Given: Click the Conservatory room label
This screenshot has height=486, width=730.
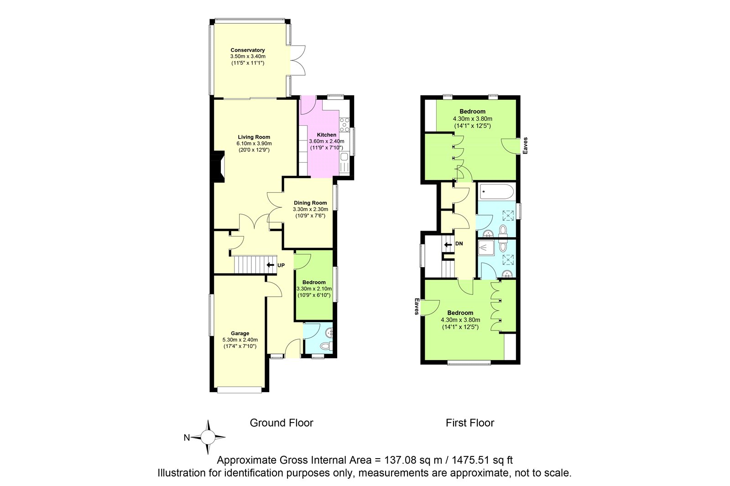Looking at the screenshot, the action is click(248, 50).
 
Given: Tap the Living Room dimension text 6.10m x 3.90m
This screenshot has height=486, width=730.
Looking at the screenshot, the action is click(254, 144).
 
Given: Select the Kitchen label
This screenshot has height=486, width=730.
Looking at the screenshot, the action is click(327, 135).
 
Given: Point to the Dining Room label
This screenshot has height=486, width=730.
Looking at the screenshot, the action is click(310, 203).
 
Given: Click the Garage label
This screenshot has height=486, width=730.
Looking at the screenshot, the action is click(240, 333).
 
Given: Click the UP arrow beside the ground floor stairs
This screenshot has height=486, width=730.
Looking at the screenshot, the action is click(270, 265).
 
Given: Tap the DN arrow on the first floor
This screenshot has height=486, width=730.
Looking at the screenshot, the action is click(448, 244).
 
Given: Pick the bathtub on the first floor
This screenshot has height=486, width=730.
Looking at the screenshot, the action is click(497, 192).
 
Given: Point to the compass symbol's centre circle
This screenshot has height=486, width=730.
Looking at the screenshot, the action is click(208, 437).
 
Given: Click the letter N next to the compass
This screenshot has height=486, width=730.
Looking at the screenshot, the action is click(187, 438).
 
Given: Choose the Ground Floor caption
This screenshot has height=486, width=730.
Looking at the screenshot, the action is click(282, 423).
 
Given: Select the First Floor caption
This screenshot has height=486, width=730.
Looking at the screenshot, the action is click(470, 423).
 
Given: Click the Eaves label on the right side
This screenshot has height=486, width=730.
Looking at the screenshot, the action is click(525, 145).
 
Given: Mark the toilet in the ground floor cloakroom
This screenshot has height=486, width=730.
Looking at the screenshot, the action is click(326, 346).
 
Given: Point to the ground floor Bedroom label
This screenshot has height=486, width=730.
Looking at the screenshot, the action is click(314, 282).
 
